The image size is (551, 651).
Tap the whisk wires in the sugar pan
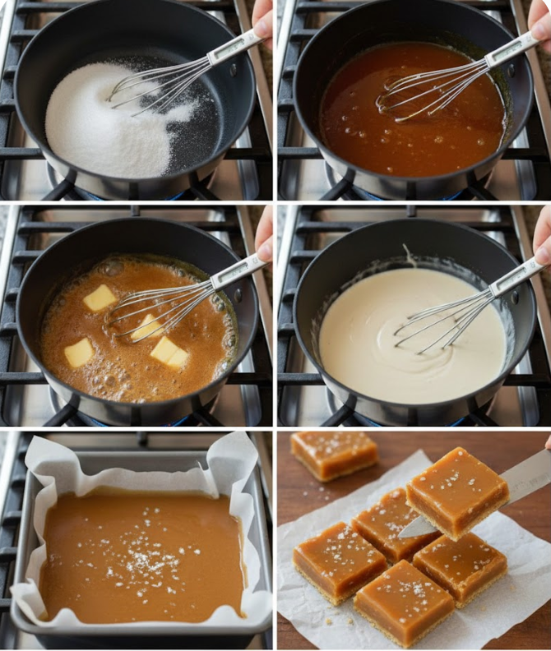(x=156, y=82)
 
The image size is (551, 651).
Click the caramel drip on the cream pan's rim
(x=409, y=256)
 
